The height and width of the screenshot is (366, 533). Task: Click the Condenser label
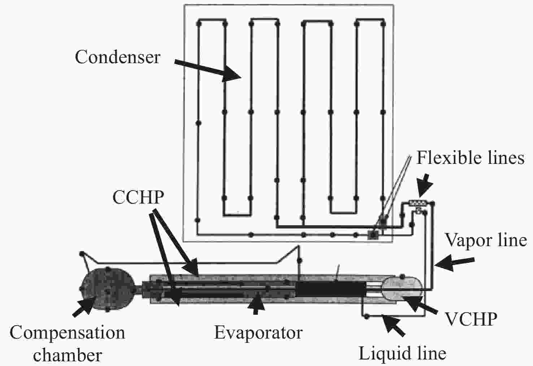(117, 57)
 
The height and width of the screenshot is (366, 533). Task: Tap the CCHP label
(138, 197)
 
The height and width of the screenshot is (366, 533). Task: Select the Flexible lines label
(470, 158)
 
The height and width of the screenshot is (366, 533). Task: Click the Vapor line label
(485, 240)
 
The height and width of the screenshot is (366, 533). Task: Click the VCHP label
(471, 319)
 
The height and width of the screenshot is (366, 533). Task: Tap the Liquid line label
(402, 353)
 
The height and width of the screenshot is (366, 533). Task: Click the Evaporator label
(258, 332)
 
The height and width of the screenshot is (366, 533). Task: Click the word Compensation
(67, 333)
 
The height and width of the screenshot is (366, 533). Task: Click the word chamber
(67, 355)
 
